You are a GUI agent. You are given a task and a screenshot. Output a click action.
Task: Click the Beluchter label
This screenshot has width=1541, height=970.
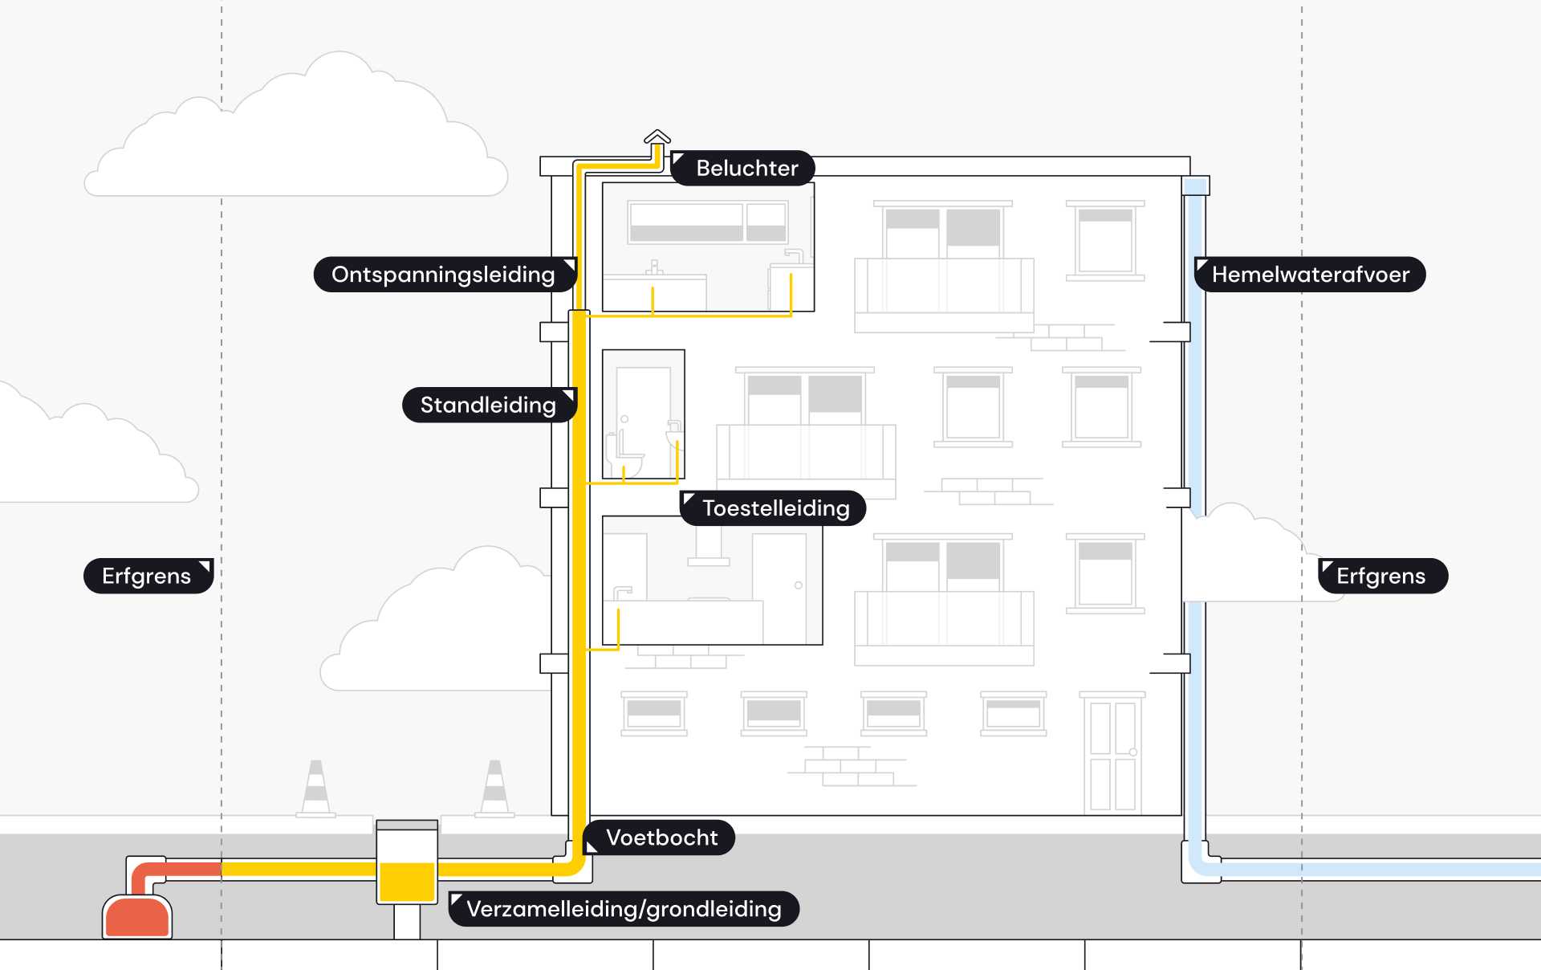tap(742, 168)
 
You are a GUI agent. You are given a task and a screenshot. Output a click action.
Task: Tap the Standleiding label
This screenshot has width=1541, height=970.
tap(490, 405)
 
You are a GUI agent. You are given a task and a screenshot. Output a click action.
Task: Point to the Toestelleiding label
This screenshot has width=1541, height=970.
tap(773, 508)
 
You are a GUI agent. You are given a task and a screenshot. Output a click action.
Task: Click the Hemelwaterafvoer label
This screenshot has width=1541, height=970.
tap(1310, 275)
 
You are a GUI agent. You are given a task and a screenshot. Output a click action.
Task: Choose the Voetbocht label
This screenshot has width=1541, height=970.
tap(659, 838)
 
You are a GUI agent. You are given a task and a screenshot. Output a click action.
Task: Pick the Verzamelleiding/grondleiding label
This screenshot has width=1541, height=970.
tap(624, 909)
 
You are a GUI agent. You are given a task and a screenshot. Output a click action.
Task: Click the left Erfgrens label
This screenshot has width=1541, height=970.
tap(148, 576)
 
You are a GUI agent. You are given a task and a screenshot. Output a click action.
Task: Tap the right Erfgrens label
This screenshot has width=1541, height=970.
tap(1383, 576)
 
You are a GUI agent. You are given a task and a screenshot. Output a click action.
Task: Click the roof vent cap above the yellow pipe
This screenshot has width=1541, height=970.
tap(657, 137)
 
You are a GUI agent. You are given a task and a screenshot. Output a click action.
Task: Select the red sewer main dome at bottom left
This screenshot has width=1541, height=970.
tap(137, 917)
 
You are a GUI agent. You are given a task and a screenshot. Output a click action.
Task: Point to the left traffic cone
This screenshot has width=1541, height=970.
tap(316, 789)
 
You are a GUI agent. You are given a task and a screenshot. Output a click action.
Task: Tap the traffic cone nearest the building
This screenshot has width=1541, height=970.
tap(494, 789)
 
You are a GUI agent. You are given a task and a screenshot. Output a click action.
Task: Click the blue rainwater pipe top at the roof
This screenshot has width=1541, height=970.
tap(1196, 186)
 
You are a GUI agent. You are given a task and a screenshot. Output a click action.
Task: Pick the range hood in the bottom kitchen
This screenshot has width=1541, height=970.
tap(709, 546)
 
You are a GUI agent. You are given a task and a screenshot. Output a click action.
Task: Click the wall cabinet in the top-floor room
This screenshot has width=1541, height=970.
tap(708, 222)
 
